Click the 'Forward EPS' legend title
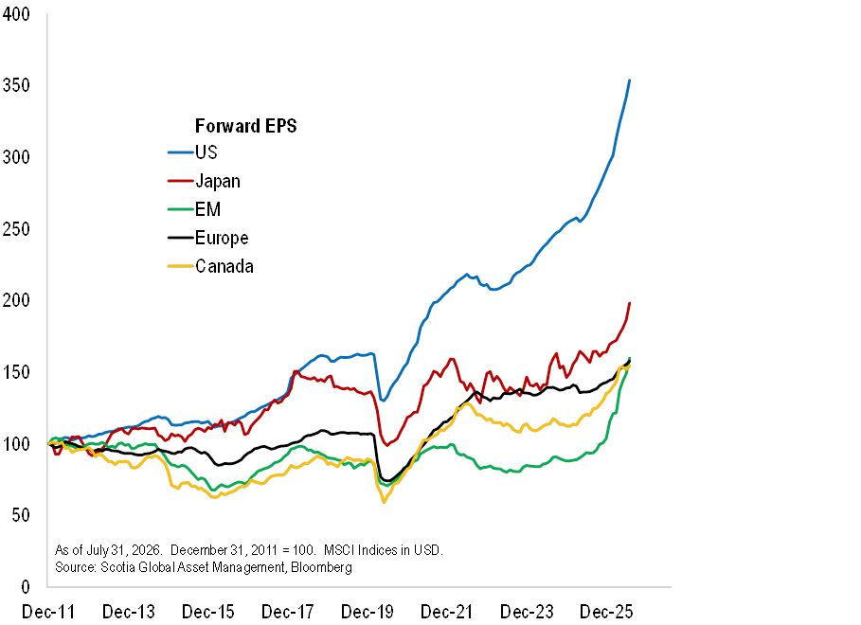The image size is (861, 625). click(x=246, y=126)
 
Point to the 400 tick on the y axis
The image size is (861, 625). click(x=16, y=14)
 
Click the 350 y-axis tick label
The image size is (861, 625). click(x=16, y=85)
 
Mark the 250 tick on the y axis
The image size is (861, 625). click(x=16, y=229)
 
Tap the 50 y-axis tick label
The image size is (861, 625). click(x=20, y=515)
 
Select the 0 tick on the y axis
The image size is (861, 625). click(x=26, y=587)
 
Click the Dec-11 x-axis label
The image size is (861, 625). click(x=47, y=612)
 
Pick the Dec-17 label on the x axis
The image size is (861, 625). click(x=287, y=612)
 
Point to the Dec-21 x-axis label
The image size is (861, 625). click(x=446, y=612)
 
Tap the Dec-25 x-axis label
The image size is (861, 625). click(x=606, y=612)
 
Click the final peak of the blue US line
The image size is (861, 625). click(x=629, y=80)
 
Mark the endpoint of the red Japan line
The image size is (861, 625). click(x=629, y=303)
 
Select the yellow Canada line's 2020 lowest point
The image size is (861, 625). click(x=384, y=502)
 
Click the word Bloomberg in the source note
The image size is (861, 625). click(x=321, y=567)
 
